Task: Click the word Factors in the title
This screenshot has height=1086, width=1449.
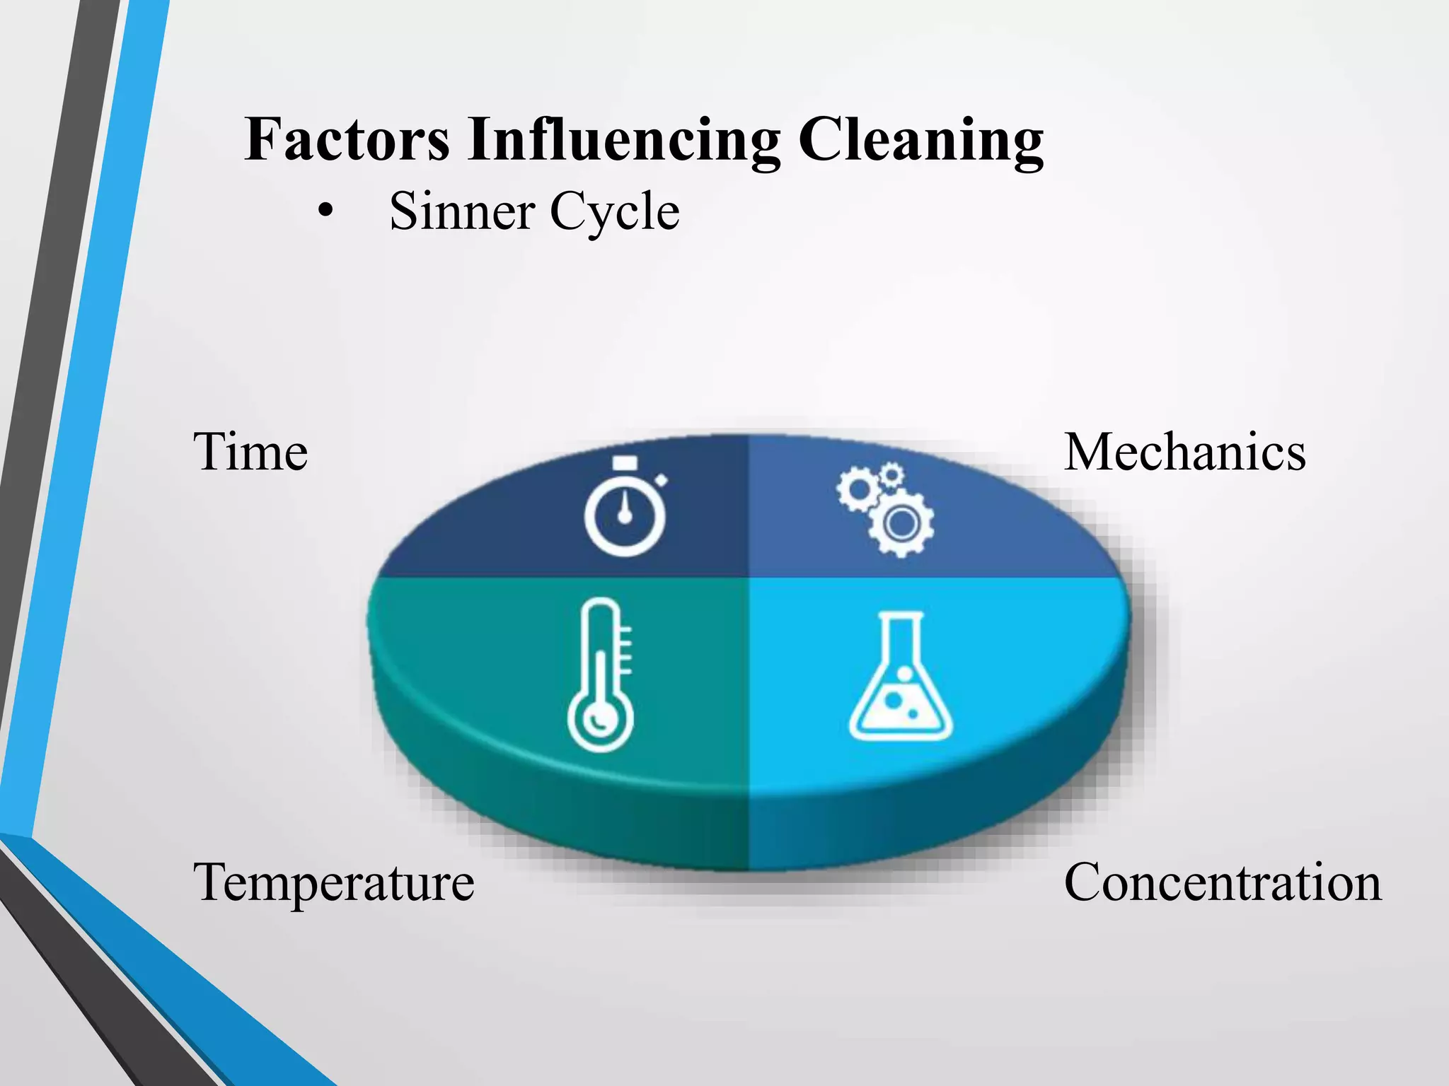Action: (347, 139)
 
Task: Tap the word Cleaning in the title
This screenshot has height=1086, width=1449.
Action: (920, 141)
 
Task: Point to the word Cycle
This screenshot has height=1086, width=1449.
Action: (614, 212)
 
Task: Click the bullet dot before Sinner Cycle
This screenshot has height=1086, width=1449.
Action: (325, 211)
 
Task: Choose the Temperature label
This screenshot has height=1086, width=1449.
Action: (333, 882)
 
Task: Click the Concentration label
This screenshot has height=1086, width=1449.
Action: (1222, 882)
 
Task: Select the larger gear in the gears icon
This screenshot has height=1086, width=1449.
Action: (901, 524)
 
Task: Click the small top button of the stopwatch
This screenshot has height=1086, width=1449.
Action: (625, 462)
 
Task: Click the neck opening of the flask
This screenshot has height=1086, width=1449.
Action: (901, 617)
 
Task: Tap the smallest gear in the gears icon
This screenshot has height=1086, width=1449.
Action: (891, 474)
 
